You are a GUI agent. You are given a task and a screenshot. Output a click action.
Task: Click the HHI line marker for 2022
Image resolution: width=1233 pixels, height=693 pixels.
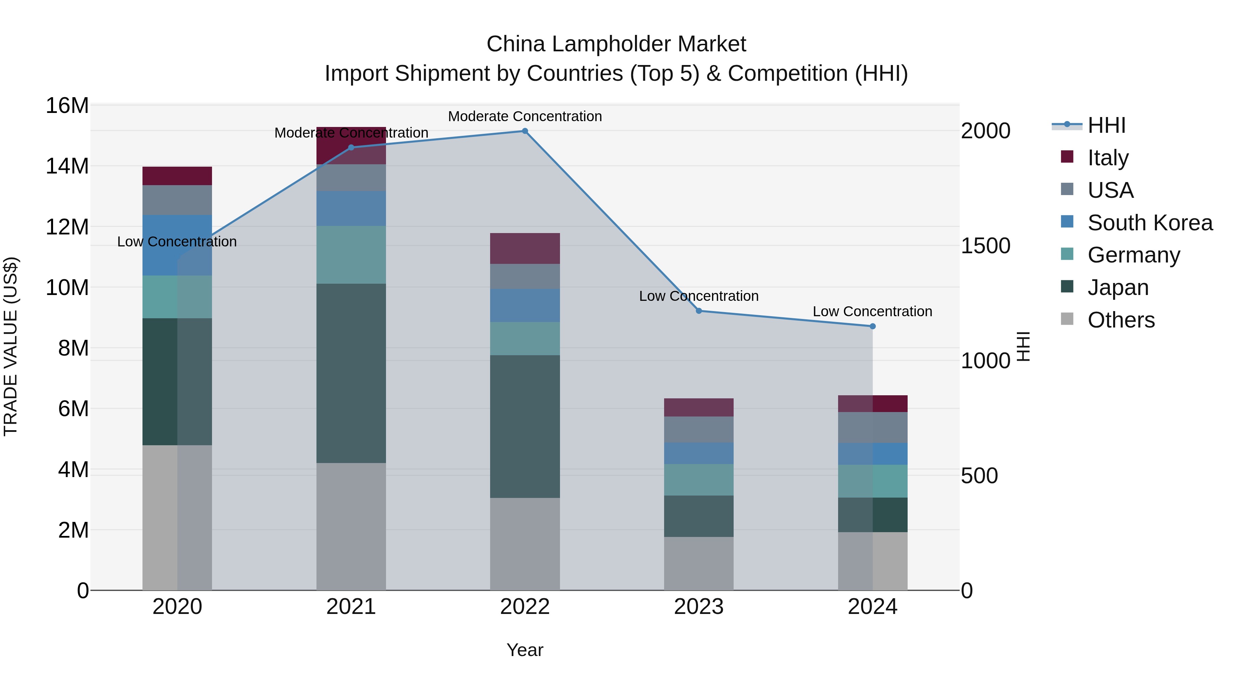525,131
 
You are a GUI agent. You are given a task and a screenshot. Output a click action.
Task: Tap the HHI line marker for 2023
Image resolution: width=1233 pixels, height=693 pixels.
698,311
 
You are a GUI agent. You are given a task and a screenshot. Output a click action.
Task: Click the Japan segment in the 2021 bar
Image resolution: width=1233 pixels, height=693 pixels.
351,373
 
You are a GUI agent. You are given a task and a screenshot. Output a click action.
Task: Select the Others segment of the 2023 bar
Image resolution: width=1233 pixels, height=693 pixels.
698,563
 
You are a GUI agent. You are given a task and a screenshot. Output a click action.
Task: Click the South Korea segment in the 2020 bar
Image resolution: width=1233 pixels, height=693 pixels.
177,245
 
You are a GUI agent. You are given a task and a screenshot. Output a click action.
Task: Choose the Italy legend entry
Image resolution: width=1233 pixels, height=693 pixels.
1108,158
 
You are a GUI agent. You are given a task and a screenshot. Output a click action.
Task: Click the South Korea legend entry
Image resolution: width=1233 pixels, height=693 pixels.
1149,223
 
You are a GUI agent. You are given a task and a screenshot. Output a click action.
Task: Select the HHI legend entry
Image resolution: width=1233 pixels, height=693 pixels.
1106,125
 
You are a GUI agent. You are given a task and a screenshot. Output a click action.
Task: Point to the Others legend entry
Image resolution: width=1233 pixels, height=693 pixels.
1120,320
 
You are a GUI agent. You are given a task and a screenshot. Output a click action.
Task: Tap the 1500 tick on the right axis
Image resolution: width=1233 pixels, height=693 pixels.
985,246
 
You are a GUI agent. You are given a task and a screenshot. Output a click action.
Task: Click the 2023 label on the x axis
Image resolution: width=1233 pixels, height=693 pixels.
698,606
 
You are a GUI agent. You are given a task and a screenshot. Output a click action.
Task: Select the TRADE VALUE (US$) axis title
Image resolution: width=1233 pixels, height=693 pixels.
11,346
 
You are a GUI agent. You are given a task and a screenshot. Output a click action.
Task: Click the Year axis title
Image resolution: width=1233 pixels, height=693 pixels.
525,650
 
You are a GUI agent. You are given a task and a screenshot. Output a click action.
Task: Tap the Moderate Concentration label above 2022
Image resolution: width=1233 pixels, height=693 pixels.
525,116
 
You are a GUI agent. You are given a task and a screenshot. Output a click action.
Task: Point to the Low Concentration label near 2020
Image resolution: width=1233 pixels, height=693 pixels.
177,242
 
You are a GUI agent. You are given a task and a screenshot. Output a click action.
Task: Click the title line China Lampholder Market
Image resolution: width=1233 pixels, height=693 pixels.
616,44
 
